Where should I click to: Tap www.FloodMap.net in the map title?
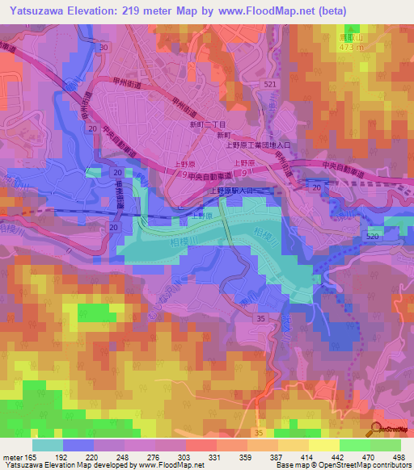click(x=272, y=10)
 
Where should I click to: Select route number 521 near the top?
click(x=269, y=85)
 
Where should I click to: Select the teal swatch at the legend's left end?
click(x=47, y=445)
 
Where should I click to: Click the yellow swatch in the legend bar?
click(x=323, y=445)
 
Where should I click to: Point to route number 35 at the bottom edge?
click(x=261, y=320)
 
